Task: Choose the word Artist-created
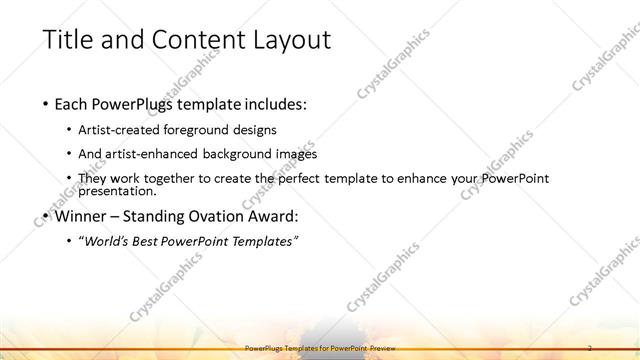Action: point(127,130)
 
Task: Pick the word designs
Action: point(255,130)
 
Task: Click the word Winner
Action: point(80,216)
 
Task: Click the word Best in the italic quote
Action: point(155,241)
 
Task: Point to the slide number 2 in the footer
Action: point(590,347)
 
